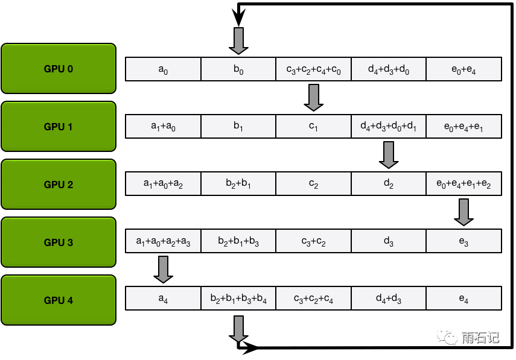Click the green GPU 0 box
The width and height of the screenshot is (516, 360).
(58, 69)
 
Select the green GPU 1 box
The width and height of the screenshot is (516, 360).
(58, 127)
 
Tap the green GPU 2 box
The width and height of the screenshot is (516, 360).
(58, 185)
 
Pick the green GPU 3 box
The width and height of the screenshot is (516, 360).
(58, 242)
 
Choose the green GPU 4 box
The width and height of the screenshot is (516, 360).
(58, 300)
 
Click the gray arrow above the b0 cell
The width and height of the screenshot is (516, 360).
(238, 40)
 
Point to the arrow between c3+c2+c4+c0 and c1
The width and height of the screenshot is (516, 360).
(313, 97)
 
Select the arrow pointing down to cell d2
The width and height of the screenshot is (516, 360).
(389, 155)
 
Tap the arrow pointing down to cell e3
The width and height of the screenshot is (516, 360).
(463, 212)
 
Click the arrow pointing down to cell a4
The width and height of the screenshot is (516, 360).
(163, 270)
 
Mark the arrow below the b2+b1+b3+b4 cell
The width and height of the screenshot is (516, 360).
(238, 329)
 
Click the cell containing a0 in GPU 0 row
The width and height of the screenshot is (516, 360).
(163, 69)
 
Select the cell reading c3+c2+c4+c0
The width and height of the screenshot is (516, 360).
(313, 69)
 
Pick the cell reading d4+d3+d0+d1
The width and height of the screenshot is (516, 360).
(389, 127)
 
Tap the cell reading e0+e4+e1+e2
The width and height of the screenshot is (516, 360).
(463, 184)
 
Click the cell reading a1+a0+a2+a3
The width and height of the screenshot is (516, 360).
(163, 241)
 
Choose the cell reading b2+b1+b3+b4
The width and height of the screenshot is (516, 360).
(238, 298)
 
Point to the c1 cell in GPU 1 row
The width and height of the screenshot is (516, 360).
(313, 127)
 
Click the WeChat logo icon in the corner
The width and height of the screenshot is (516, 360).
(447, 336)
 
